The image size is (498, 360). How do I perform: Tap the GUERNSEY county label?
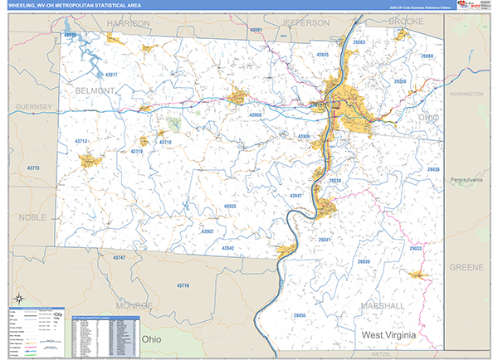click(x=32, y=107)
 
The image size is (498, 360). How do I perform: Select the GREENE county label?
click(x=465, y=267)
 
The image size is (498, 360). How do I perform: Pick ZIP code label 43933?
click(x=230, y=206)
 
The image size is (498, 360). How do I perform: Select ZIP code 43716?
click(x=183, y=285)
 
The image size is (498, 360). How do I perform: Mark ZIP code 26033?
click(x=416, y=248)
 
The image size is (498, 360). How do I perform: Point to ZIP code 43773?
click(x=33, y=168)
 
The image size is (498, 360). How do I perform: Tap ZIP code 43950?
click(x=256, y=114)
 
